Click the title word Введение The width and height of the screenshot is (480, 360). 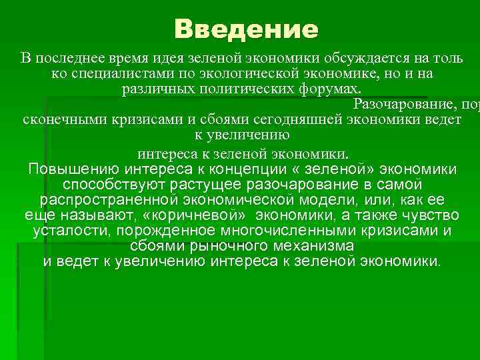tap(246, 29)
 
